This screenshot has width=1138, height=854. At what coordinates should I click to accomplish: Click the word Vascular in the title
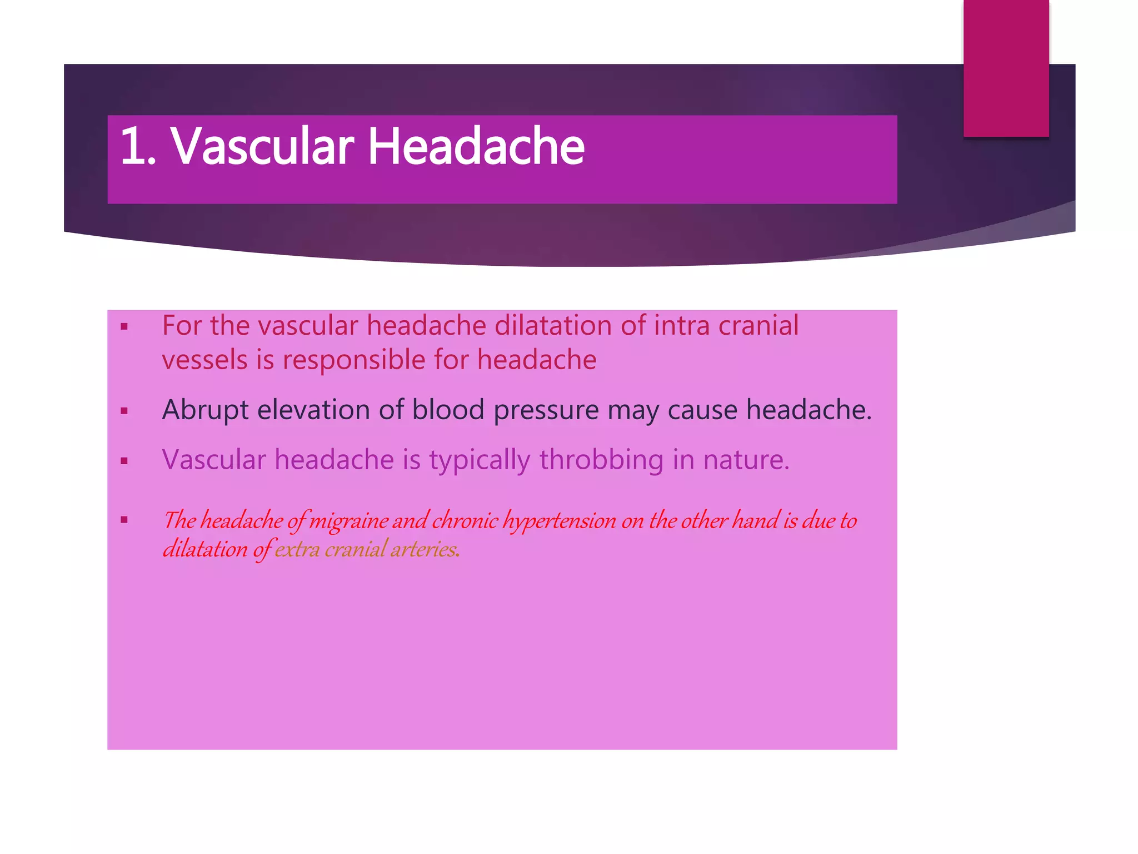tap(262, 146)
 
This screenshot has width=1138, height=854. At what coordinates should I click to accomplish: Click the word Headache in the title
tap(476, 146)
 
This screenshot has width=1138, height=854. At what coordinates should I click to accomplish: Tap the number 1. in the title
tap(137, 146)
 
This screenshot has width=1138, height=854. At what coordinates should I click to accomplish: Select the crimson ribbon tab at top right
tap(1006, 68)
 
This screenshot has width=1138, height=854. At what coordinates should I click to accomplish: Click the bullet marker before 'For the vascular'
tap(124, 327)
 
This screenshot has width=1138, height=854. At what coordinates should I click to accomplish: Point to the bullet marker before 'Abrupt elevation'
tap(124, 411)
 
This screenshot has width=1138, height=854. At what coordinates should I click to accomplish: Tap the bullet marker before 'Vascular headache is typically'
tap(124, 461)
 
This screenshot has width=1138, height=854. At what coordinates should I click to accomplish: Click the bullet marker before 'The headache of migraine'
tap(124, 520)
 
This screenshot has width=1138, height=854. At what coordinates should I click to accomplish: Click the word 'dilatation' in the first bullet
tap(553, 326)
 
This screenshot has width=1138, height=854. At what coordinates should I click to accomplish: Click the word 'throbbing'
tap(601, 460)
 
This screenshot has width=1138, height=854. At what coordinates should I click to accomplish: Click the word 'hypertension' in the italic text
tap(559, 521)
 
